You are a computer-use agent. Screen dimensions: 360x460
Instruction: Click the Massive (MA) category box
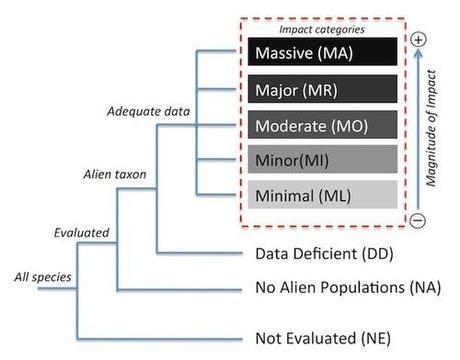pos(317,51)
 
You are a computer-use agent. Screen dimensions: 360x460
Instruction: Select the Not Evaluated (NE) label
pos(321,336)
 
